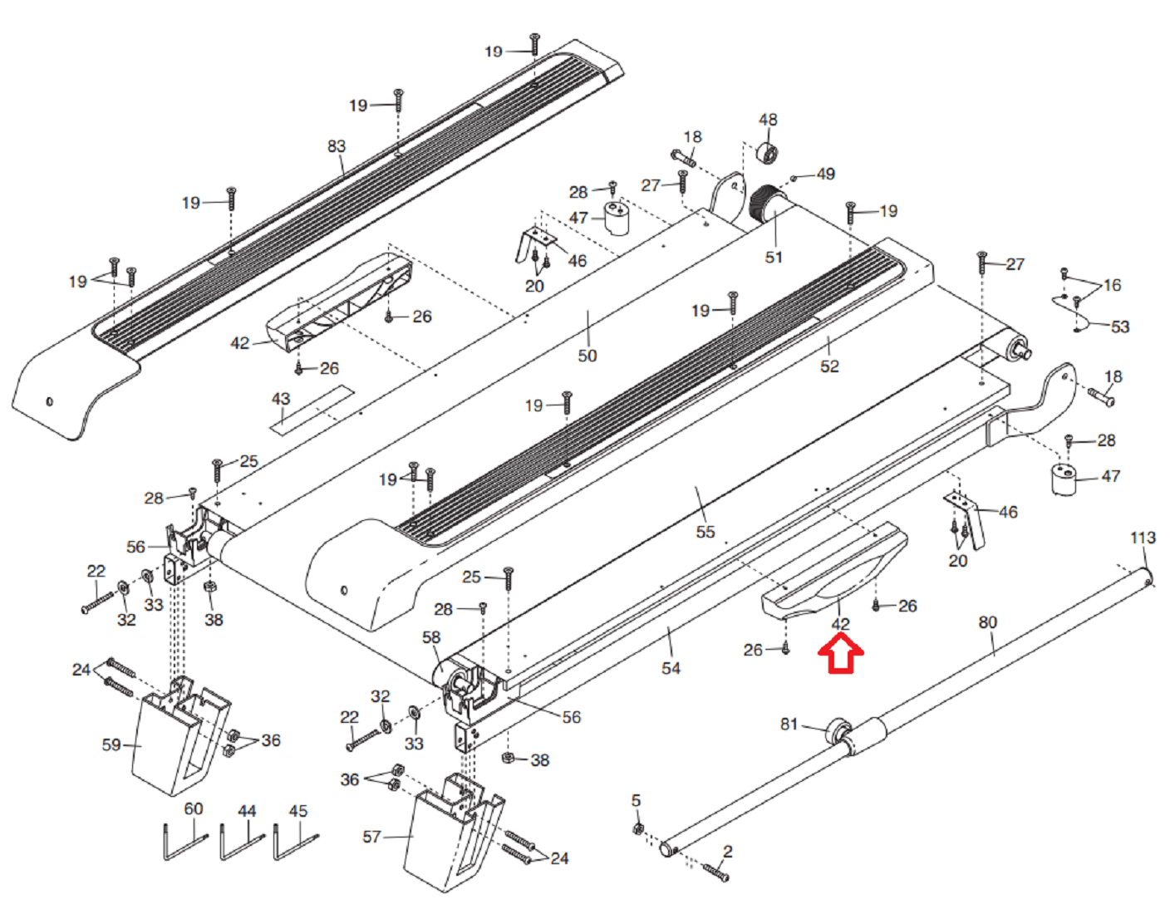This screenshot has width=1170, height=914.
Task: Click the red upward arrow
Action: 841,653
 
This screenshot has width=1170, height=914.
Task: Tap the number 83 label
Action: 336,146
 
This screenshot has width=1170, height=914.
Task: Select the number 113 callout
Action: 1143,538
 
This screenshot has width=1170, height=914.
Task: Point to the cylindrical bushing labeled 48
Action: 768,154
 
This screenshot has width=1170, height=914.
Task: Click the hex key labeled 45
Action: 295,843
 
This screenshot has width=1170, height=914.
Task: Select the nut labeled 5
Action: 638,828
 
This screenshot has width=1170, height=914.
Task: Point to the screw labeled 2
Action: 715,871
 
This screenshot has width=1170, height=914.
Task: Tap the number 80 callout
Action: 987,622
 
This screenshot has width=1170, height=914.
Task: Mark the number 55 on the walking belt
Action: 705,532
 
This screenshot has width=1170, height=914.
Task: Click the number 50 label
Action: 587,356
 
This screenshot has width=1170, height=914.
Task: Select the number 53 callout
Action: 1120,327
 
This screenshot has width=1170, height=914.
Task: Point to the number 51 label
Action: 774,258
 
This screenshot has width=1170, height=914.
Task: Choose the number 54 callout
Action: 671,668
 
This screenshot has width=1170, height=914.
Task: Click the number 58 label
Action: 431,637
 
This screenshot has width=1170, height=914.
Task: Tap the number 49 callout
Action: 825,174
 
